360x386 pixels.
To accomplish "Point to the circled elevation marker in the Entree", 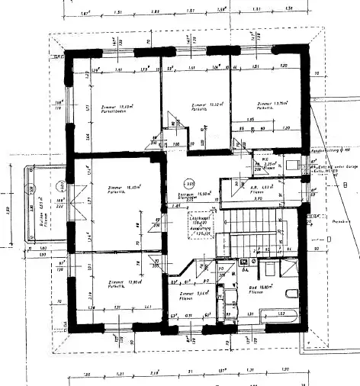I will click(188, 183).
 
